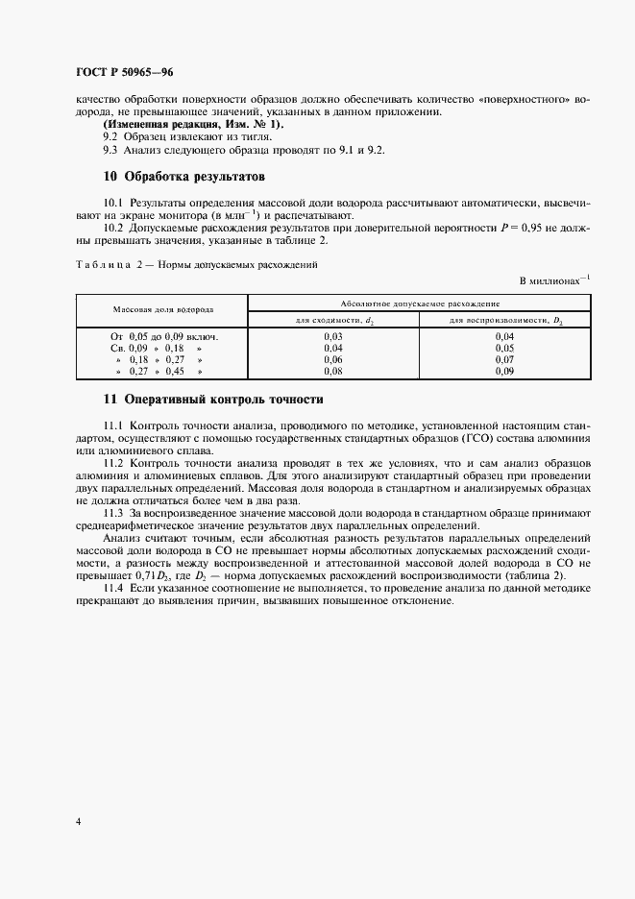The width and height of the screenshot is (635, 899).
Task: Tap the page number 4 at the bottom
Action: tap(78, 822)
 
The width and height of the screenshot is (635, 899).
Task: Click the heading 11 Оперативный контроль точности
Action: tap(212, 399)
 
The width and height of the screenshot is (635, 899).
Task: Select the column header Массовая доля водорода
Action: tap(162, 311)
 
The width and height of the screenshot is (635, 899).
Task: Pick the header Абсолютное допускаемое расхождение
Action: tap(419, 303)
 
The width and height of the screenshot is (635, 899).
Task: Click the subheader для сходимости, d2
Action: tap(333, 320)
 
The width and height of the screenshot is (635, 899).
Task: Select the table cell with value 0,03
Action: tap(333, 337)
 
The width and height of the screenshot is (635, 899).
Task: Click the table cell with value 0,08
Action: tap(333, 370)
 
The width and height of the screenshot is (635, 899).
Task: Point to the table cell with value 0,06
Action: tap(333, 359)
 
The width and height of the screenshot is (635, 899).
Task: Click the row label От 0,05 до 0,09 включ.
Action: tap(159, 337)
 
